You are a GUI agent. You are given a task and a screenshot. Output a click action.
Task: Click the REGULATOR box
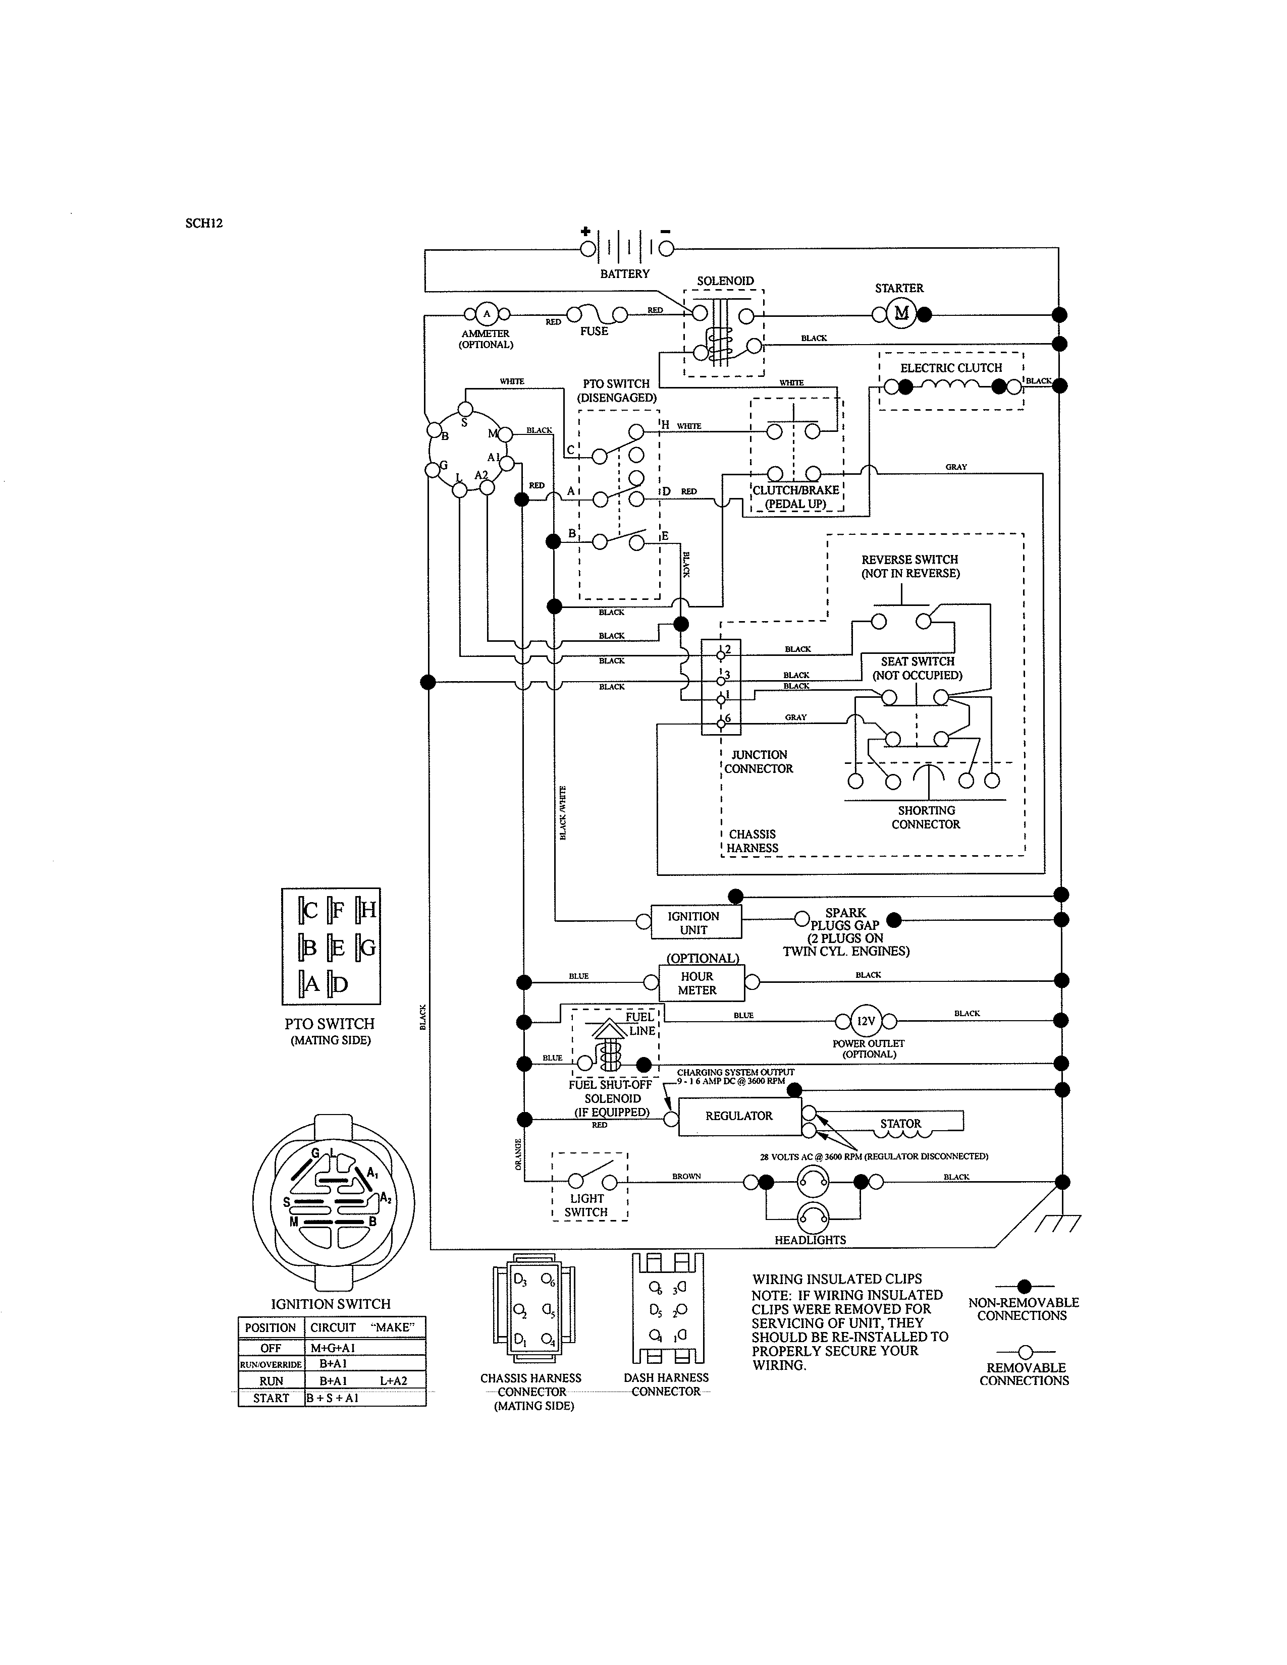(739, 1116)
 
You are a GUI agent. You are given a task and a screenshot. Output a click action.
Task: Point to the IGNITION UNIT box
(694, 922)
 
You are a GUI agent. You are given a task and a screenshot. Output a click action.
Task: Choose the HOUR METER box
(697, 983)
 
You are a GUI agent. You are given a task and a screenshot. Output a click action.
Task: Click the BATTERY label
(624, 273)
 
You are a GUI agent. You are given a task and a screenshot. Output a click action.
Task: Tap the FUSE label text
(594, 331)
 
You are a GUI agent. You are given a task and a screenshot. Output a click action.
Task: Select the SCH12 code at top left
(203, 224)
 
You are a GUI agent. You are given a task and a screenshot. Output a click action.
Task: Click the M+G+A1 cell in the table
(333, 1348)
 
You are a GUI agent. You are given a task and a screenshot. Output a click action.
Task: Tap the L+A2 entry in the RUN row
(394, 1380)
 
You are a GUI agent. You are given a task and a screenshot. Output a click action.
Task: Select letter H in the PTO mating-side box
(367, 910)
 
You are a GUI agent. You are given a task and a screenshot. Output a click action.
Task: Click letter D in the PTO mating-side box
(339, 985)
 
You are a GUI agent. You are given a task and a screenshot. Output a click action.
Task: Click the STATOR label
(900, 1124)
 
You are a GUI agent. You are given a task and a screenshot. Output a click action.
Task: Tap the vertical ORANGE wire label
(518, 1154)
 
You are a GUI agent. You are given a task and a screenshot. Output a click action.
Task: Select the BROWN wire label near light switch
(686, 1176)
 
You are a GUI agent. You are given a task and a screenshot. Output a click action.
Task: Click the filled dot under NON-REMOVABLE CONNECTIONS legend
(1024, 1287)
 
